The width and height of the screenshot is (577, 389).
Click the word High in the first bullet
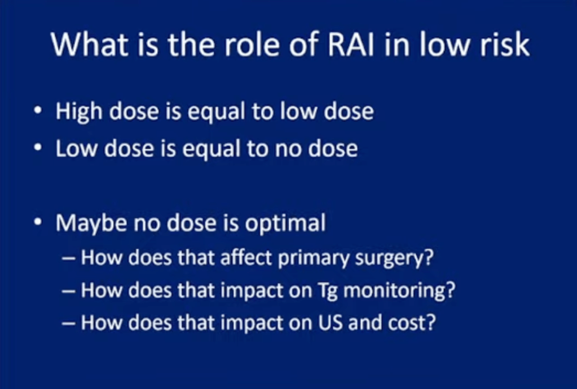(79, 111)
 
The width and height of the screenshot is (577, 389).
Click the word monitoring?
(399, 291)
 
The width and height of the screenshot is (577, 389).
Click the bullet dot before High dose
(38, 111)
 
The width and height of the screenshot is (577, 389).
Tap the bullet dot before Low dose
(38, 148)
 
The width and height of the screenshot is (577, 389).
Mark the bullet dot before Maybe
(38, 222)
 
